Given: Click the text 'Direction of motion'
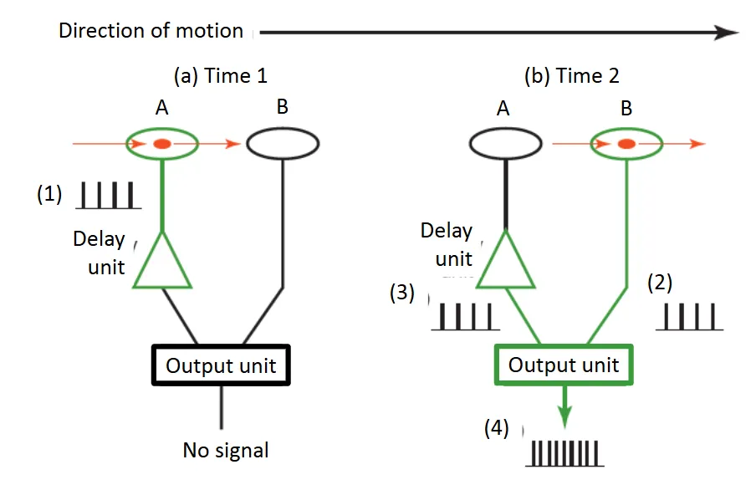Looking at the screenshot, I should coord(151,32).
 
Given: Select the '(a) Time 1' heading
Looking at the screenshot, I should coord(220,76).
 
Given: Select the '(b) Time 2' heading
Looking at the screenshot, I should coord(572,76).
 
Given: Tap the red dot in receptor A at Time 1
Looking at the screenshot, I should coord(162,145).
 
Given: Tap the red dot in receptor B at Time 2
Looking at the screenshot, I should coord(625,145).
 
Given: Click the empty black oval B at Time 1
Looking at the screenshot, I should coord(282,145).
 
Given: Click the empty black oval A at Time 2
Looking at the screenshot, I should coord(504,145).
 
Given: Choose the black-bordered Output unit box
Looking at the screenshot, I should coord(221,365).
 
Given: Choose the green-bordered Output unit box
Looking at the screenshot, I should coord(564,365).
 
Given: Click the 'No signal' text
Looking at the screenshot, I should coord(226,450).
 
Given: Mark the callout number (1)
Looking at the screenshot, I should coord(49,194).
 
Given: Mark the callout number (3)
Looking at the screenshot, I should coord(402,294).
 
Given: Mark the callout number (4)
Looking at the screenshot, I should coord(498,429).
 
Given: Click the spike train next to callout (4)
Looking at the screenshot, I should coord(565,453).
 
